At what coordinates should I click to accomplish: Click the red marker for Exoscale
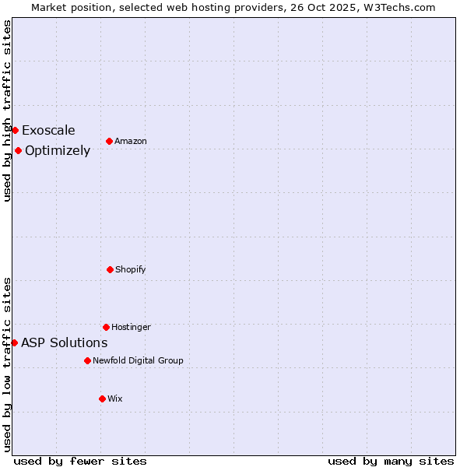click(15, 130)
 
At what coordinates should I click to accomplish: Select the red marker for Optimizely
click(18, 150)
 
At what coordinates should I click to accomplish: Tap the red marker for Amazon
click(109, 141)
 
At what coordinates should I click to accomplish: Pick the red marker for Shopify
click(110, 269)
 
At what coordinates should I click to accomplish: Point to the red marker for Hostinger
click(106, 327)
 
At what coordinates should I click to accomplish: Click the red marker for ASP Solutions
click(14, 342)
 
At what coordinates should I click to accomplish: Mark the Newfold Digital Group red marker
click(87, 360)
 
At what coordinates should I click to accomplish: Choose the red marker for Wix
click(102, 399)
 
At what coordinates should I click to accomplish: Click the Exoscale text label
click(48, 130)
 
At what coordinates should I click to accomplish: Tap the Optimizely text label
click(58, 150)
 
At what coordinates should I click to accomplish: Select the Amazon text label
click(131, 141)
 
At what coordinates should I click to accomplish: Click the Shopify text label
click(131, 269)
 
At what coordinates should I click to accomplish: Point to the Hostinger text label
click(131, 327)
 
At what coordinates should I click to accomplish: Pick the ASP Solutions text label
click(64, 342)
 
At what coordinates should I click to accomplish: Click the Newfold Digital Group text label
click(138, 360)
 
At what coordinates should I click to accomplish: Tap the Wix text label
click(115, 399)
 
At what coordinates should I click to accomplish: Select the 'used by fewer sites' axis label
click(80, 461)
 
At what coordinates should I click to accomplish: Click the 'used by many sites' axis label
click(391, 461)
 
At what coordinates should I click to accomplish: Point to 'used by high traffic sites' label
click(7, 111)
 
